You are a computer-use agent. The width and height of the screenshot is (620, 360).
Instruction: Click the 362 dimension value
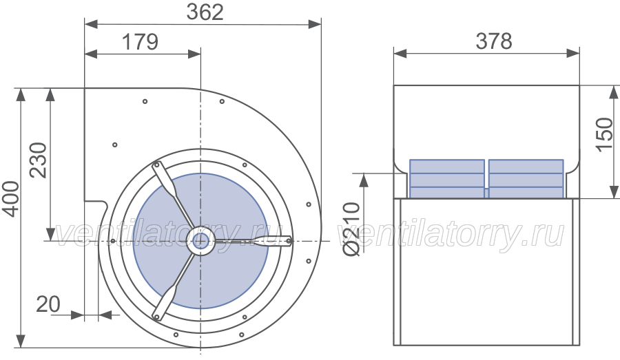pyautogui.click(x=205, y=12)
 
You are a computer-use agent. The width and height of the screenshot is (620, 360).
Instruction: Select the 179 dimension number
pyautogui.click(x=140, y=42)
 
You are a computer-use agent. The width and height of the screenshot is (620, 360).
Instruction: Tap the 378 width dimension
pyautogui.click(x=494, y=41)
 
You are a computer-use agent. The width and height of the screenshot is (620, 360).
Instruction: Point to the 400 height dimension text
pyautogui.click(x=11, y=199)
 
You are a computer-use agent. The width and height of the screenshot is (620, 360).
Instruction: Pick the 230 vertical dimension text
pyautogui.click(x=39, y=160)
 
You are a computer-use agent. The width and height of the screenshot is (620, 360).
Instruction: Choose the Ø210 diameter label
pyautogui.click(x=351, y=229)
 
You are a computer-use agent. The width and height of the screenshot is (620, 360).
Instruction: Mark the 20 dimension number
pyautogui.click(x=48, y=304)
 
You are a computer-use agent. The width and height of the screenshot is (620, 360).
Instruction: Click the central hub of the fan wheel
pyautogui.click(x=201, y=241)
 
